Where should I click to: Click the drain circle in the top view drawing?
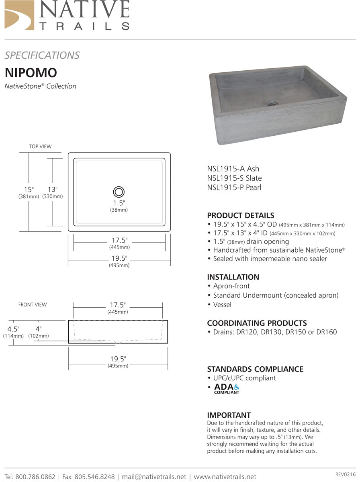point(119,192)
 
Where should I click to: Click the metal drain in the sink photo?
point(272,104)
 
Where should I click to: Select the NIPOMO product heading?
point(31,73)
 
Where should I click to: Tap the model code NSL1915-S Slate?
point(234,178)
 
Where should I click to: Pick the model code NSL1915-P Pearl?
point(234,187)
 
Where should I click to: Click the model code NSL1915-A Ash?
point(233,169)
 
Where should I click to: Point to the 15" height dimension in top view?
point(29,189)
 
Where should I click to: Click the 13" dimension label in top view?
point(52,189)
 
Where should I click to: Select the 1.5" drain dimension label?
point(119,203)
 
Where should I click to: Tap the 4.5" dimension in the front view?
point(13,329)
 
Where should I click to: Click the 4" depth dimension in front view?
point(39,329)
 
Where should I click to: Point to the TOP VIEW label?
point(40,147)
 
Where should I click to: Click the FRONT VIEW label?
point(33,305)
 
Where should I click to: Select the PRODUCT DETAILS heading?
point(240,215)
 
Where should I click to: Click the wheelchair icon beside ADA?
point(237,387)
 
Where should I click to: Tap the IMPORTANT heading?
point(229,415)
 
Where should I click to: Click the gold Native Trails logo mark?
point(19,15)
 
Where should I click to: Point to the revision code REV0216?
point(345,475)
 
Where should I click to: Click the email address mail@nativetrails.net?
point(154,477)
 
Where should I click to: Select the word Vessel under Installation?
point(222,304)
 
